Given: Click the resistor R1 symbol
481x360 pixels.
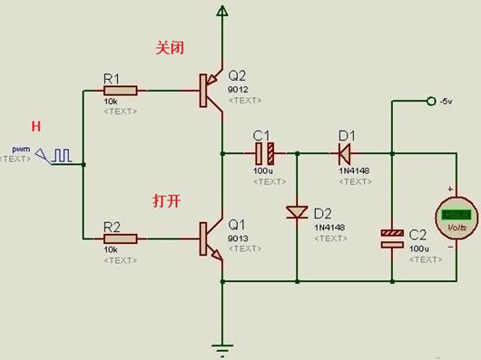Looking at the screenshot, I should coord(122,91).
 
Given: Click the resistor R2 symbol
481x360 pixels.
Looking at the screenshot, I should coord(122,238).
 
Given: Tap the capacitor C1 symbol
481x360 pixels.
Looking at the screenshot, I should coord(267,153).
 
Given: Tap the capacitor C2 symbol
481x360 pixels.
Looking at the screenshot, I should coord(391,238).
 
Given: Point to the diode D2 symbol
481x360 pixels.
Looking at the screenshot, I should coord(297,212).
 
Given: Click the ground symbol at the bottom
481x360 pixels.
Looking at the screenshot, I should coord(221,345).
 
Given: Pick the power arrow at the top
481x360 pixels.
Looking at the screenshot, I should coord(221,11).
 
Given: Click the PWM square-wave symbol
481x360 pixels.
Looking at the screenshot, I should coord(62,155).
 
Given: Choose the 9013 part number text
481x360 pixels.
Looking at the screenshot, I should coord(237,238).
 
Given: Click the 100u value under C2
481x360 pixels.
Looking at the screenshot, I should coord(418,248).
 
